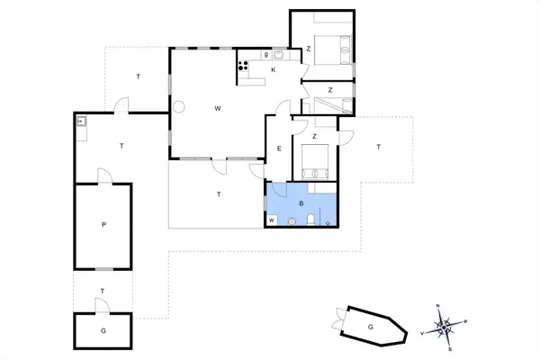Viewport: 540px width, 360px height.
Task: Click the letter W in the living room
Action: pyautogui.click(x=218, y=108)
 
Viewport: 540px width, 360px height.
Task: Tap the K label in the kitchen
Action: pyautogui.click(x=273, y=69)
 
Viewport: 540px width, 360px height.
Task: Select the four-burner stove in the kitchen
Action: pyautogui.click(x=242, y=65)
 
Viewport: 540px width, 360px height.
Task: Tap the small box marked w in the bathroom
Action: pyautogui.click(x=271, y=220)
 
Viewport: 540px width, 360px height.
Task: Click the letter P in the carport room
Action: pyautogui.click(x=104, y=225)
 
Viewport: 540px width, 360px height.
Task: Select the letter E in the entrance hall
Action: pyautogui.click(x=280, y=148)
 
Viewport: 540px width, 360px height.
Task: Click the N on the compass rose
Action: pyautogui.click(x=437, y=307)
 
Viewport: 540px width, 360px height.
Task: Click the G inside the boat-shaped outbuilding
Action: pyautogui.click(x=369, y=327)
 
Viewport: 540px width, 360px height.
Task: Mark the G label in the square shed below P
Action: pyautogui.click(x=103, y=331)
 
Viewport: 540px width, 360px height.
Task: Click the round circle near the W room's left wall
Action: pyautogui.click(x=179, y=108)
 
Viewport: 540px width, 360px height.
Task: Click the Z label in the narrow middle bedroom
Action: pyautogui.click(x=331, y=90)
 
